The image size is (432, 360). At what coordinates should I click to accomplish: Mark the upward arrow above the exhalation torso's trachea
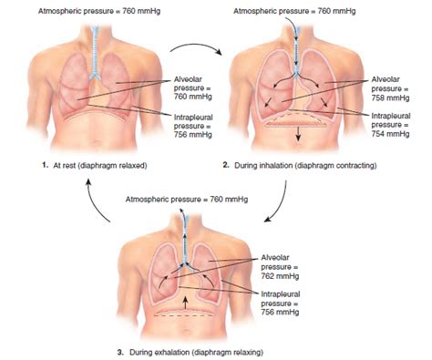tap(186, 215)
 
